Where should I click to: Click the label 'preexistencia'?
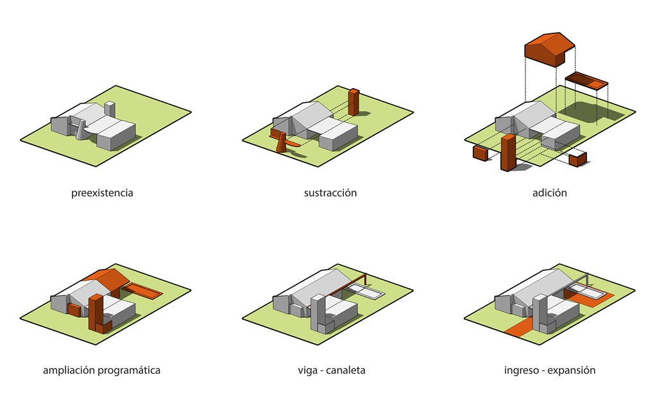(x=102, y=193)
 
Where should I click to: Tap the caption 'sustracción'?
(x=330, y=193)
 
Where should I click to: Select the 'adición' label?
(x=549, y=193)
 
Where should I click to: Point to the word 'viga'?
(x=307, y=371)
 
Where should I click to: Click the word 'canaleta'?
(x=346, y=371)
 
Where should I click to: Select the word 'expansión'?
(x=572, y=371)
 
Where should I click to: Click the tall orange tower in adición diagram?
(x=508, y=152)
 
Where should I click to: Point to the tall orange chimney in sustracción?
(x=354, y=102)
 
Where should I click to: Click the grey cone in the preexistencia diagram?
(x=81, y=130)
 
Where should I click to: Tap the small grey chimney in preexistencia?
(x=109, y=108)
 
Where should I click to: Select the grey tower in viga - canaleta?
(x=318, y=313)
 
